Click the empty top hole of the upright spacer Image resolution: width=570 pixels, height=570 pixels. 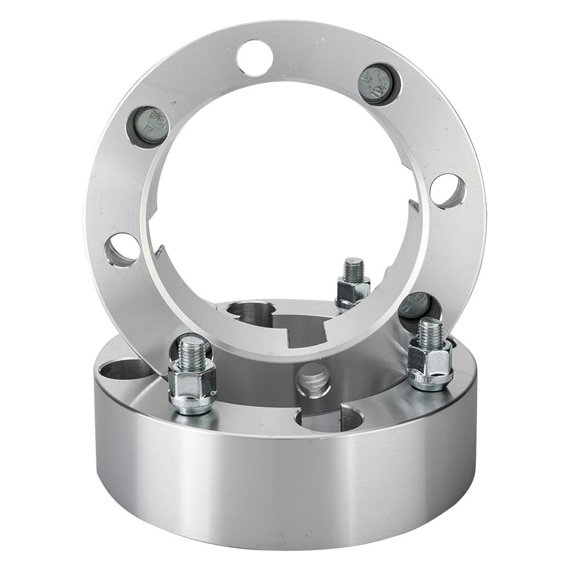(x=255, y=58)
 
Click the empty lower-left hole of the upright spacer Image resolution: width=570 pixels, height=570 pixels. (x=122, y=250)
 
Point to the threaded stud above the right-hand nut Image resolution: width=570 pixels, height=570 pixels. (x=430, y=332)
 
